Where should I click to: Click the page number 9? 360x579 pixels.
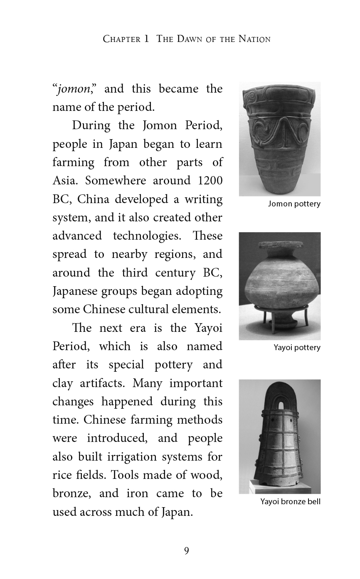(x=186, y=551)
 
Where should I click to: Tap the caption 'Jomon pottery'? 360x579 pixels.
(x=294, y=204)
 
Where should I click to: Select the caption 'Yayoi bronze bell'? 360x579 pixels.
(x=290, y=502)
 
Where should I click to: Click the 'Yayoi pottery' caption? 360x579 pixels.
(x=297, y=347)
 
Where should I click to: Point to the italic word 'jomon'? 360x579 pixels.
(x=73, y=89)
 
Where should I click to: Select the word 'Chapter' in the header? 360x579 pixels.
(x=121, y=39)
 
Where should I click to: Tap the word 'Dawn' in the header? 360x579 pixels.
(x=193, y=39)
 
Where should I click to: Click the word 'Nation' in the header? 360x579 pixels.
(x=254, y=39)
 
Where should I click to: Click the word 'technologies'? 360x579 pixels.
(x=147, y=236)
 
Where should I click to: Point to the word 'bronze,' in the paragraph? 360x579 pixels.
(x=70, y=493)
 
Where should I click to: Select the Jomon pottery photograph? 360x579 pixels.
(x=279, y=139)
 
